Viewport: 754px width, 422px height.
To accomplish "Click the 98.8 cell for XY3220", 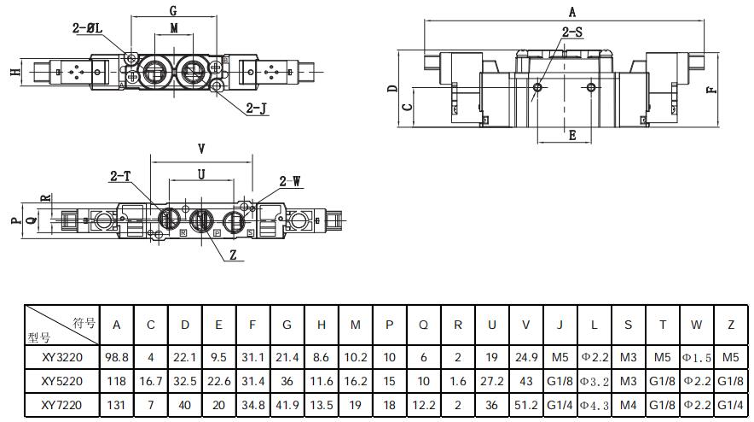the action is pyautogui.click(x=116, y=357).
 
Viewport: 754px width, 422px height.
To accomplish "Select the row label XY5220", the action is pyautogui.click(x=62, y=381).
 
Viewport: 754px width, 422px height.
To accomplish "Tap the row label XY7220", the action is pyautogui.click(x=62, y=405).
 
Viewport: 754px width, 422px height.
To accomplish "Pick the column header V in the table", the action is pyautogui.click(x=525, y=325).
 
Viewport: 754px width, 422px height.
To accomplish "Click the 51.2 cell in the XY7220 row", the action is pyautogui.click(x=525, y=405).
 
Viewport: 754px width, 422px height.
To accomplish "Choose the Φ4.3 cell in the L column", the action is pyautogui.click(x=594, y=406).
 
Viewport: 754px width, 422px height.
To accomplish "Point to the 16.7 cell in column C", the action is pyautogui.click(x=151, y=381).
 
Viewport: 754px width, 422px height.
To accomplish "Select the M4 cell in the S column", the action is pyautogui.click(x=628, y=405).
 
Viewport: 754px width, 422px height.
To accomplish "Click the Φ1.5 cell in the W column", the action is pyautogui.click(x=697, y=358).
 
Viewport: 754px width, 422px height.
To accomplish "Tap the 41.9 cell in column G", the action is pyautogui.click(x=287, y=405).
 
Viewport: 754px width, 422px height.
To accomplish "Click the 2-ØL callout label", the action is pyautogui.click(x=88, y=28).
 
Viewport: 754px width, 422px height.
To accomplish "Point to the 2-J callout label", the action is pyautogui.click(x=256, y=108).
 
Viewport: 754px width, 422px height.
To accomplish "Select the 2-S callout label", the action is pyautogui.click(x=572, y=32).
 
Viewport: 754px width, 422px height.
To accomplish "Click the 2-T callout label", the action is pyautogui.click(x=120, y=176).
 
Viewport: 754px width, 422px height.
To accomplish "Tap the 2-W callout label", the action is pyautogui.click(x=290, y=181).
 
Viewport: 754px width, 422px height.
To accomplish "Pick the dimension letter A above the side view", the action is pyautogui.click(x=572, y=12).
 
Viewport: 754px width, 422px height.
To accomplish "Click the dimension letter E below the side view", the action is pyautogui.click(x=572, y=135).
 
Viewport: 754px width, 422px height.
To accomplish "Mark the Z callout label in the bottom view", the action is pyautogui.click(x=233, y=255).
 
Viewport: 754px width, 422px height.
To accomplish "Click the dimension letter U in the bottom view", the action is pyautogui.click(x=201, y=174).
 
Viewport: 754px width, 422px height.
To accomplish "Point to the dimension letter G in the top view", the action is pyautogui.click(x=174, y=10).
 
